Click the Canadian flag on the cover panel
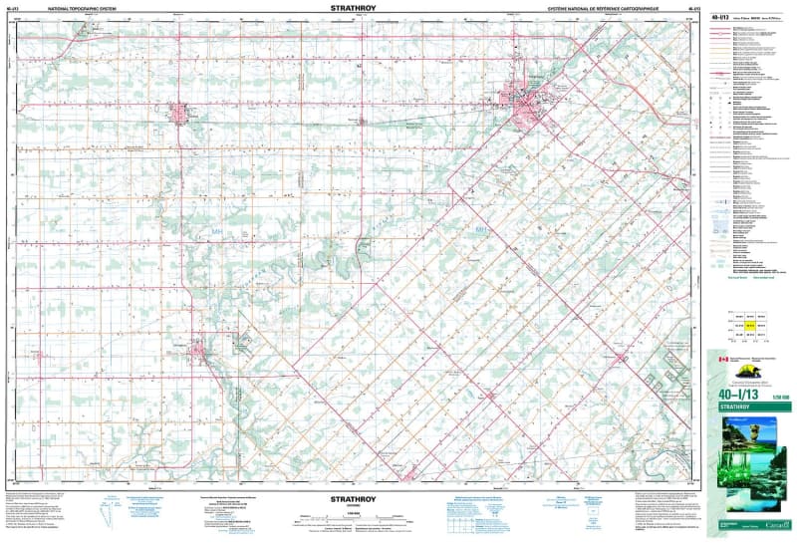pyautogui.click(x=723, y=358)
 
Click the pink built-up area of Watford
pyautogui.click(x=179, y=114)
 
